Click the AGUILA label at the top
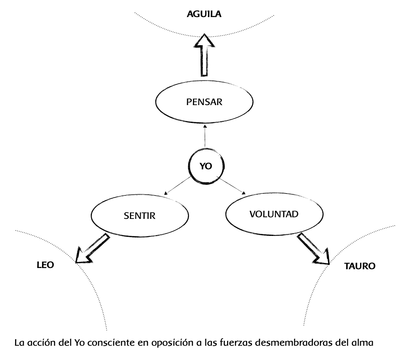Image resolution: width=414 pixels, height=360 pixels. [x=204, y=15]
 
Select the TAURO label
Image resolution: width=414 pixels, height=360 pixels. [x=359, y=266]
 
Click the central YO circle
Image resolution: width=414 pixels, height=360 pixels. [x=205, y=167]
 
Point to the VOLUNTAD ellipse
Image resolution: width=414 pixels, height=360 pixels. [x=274, y=214]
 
